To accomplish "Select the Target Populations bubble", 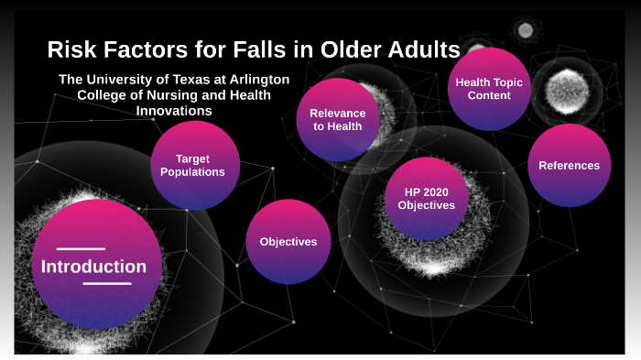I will tap(194, 165).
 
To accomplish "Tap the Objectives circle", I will tap(288, 242).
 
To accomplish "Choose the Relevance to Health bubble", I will tap(339, 119).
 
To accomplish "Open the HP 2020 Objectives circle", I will tap(426, 198).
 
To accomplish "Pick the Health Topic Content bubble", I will tap(489, 88).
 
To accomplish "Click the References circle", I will tap(569, 165).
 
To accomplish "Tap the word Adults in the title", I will tap(420, 49).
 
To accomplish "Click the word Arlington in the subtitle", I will tap(252, 80).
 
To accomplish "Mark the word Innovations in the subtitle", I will tap(174, 111).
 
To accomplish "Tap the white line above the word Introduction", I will tap(81, 248).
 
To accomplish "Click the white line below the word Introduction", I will tap(107, 284).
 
